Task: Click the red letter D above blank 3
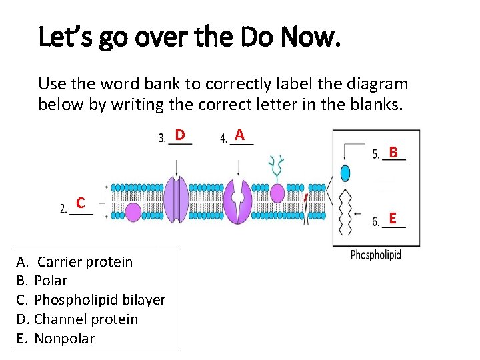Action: click(180, 135)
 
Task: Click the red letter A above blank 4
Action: click(241, 135)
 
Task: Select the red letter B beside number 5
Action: click(393, 153)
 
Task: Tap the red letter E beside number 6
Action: click(393, 218)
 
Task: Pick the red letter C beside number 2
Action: click(79, 202)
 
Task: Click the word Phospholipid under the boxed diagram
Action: click(375, 255)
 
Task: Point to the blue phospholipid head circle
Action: click(345, 173)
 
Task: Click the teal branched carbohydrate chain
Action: click(275, 167)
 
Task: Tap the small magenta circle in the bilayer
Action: click(133, 212)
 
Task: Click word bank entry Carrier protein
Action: click(85, 262)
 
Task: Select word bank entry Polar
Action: click(51, 281)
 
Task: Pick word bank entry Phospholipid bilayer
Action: click(99, 300)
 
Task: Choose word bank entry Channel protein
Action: click(86, 319)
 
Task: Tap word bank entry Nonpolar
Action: click(64, 339)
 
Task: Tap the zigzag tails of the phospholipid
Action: click(345, 212)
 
